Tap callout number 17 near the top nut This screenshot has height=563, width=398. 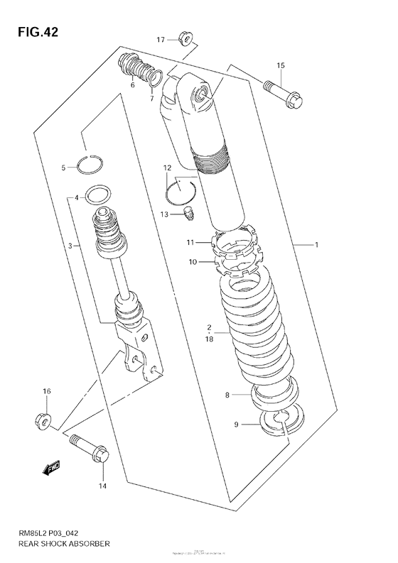(161, 40)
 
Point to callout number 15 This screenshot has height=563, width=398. (280, 65)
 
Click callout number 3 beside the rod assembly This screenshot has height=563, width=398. (70, 246)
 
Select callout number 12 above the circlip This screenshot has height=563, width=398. (166, 168)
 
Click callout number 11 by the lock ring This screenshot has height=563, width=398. (190, 243)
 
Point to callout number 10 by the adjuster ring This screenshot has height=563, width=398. (192, 262)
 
